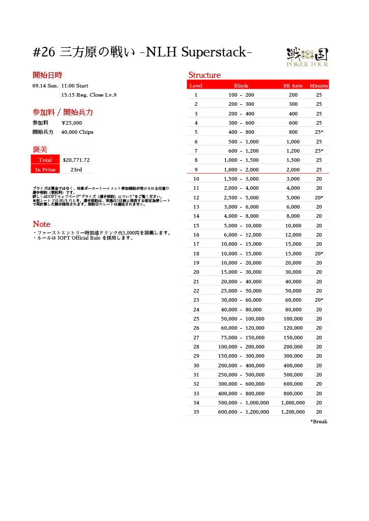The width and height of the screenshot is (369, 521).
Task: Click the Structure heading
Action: coord(204,75)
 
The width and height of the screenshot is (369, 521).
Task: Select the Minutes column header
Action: coord(319,86)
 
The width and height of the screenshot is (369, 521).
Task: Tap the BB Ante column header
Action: coord(293,86)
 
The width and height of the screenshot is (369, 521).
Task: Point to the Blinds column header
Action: coord(241,86)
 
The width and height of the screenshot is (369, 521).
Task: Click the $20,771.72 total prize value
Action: coord(76,160)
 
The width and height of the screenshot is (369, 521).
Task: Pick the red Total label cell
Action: coord(45,160)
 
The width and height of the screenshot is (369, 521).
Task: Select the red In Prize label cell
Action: coord(45,169)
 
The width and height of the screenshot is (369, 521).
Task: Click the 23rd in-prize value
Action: coord(76,169)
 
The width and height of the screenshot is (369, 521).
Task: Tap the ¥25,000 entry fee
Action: coord(71,123)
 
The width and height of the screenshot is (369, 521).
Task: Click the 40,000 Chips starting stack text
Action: coord(77,132)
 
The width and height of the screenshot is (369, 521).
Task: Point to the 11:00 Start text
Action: coord(75,86)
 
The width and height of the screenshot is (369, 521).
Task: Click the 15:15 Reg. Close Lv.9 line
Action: coord(89,95)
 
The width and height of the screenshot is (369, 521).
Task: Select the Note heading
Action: coord(41,224)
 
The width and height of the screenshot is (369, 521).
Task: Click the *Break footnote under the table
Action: coord(319,422)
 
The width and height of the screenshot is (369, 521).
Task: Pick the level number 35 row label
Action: coord(196,412)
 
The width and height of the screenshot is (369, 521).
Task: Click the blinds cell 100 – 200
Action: coord(241,95)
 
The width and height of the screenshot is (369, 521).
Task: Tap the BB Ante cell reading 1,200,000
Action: coord(293,412)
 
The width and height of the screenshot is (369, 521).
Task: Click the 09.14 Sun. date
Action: coord(45,86)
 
